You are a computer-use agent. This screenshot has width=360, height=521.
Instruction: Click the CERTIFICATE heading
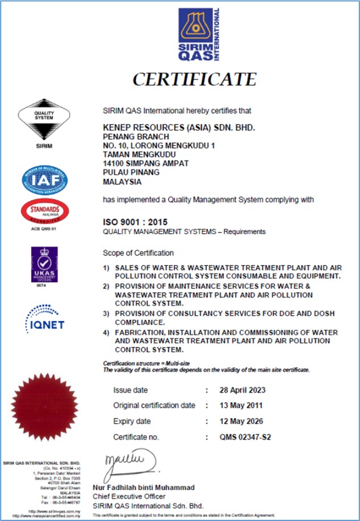pos(194,78)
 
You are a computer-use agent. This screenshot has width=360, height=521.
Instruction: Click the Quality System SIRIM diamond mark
pos(44,122)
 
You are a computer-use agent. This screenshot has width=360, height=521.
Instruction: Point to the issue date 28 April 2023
pos(242,390)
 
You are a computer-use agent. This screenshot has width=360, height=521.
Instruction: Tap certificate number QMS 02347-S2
pos(245,437)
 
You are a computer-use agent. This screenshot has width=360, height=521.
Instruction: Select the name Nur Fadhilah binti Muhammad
pos(144,488)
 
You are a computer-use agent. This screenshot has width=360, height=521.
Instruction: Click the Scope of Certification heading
pos(138,253)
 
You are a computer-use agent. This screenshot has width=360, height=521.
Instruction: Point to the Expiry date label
pos(132,421)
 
